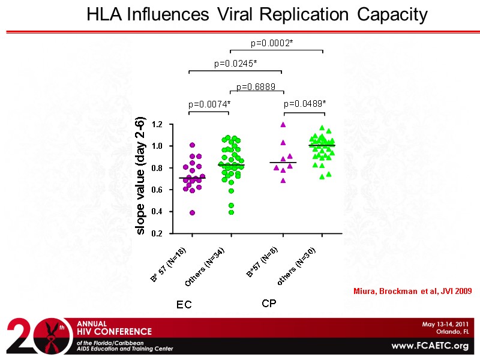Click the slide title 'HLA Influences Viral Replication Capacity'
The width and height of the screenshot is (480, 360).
(257, 14)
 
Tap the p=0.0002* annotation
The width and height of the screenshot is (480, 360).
(272, 43)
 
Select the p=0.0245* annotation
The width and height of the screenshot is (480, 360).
(236, 63)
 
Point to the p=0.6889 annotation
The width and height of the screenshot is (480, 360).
(256, 87)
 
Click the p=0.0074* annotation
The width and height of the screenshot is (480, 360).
(209, 104)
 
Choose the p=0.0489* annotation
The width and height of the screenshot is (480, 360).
(305, 104)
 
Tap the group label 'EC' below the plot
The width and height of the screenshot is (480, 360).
(184, 305)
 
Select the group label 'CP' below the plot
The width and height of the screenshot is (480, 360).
(269, 304)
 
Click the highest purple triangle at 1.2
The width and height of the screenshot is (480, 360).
(283, 125)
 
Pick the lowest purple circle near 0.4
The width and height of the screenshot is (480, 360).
(192, 212)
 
